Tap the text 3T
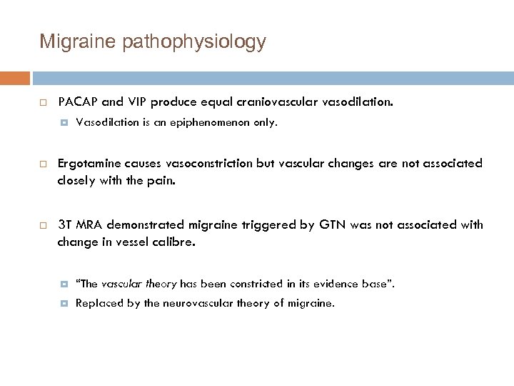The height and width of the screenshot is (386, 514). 65,225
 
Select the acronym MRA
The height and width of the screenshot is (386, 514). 93,225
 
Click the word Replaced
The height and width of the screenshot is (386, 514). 96,303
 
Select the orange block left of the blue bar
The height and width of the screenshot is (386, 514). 15,78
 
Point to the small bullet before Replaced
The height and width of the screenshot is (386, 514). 64,303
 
